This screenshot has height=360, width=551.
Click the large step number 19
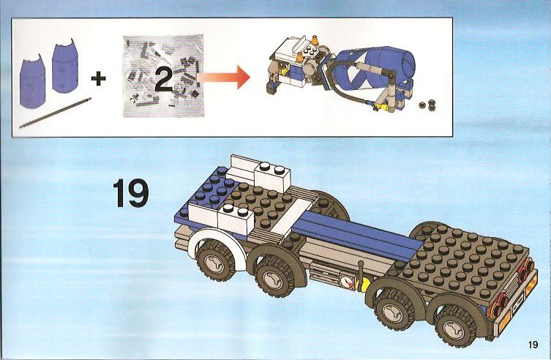(x=131, y=193)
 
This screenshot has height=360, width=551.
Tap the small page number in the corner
(x=533, y=344)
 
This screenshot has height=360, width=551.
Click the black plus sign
(x=98, y=78)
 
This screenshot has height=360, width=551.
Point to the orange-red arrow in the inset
(x=223, y=77)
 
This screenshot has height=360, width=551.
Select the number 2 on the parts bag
(x=164, y=79)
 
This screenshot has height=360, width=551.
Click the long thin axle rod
(x=55, y=113)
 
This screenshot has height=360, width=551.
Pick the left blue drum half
(x=32, y=81)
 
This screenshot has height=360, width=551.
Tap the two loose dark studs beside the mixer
(x=427, y=105)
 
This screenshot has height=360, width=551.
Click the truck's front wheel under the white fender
(x=214, y=260)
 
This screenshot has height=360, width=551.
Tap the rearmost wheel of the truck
(x=454, y=325)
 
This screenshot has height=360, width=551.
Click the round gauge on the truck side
(x=346, y=282)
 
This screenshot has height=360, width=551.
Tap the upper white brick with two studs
(x=272, y=176)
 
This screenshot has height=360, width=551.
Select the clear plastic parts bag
(x=163, y=76)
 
